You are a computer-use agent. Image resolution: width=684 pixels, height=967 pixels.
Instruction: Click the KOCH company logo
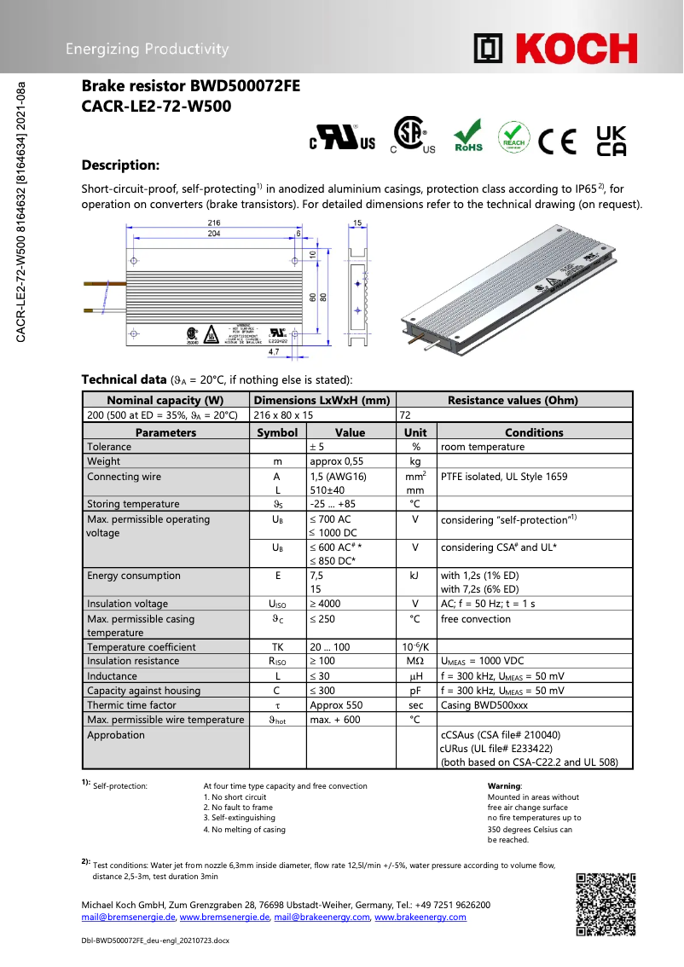click(555, 49)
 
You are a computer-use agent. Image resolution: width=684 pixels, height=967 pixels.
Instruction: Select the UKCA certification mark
click(611, 140)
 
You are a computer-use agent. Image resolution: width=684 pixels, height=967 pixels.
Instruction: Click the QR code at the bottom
click(606, 904)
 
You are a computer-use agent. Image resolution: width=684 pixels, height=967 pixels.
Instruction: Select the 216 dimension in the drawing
click(214, 223)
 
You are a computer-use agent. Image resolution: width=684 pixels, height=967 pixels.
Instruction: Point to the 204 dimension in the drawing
click(214, 233)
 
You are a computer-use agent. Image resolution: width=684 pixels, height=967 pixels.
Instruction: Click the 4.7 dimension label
click(274, 350)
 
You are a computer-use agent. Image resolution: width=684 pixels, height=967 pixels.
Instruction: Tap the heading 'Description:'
click(120, 165)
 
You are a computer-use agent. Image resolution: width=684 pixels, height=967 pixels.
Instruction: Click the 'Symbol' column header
click(277, 432)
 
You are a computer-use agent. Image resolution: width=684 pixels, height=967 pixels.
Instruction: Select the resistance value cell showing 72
click(405, 414)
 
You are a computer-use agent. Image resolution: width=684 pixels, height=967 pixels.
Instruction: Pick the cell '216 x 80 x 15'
click(284, 414)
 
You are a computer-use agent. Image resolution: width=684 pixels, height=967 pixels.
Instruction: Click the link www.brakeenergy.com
click(420, 918)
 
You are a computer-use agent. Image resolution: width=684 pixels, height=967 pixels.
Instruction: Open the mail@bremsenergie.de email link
click(128, 918)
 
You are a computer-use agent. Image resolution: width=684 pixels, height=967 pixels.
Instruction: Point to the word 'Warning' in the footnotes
click(504, 785)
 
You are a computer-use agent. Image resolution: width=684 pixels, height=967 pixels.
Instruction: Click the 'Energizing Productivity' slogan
click(148, 49)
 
